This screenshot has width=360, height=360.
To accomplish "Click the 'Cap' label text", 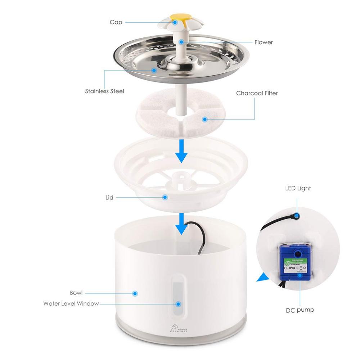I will click(x=116, y=22).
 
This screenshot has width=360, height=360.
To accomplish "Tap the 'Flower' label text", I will click(x=264, y=42).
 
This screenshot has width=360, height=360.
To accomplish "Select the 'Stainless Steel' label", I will click(x=104, y=91).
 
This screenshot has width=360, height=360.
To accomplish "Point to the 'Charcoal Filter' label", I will click(x=257, y=93).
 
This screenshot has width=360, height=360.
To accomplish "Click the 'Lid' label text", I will click(x=109, y=197).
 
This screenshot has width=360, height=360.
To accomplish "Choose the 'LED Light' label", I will click(x=298, y=188).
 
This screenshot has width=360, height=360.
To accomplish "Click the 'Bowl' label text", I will click(x=76, y=293).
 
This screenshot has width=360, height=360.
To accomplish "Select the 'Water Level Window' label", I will click(x=71, y=303).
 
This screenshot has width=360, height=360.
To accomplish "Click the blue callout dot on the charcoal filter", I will click(x=205, y=119).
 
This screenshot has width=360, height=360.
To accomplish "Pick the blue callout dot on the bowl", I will click(x=135, y=293).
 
